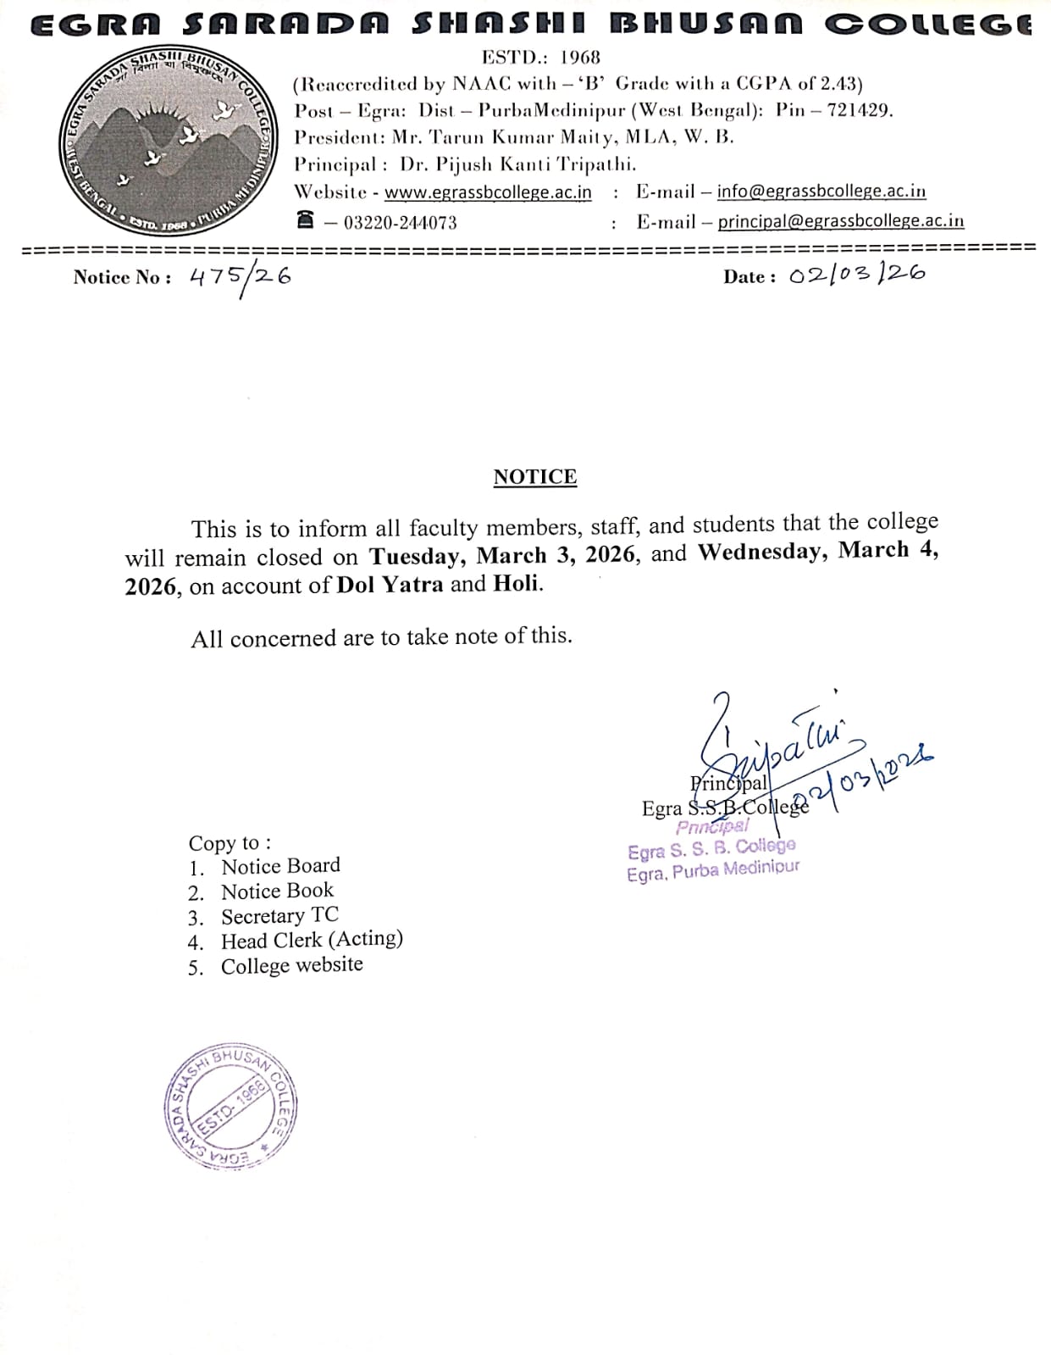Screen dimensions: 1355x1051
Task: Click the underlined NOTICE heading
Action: (x=534, y=477)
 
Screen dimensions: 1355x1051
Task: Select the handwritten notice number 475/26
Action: (x=240, y=278)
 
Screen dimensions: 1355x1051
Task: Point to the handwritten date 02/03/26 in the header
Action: (x=856, y=275)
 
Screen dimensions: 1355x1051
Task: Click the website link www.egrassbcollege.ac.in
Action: (x=488, y=192)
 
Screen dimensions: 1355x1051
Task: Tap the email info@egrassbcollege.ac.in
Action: (x=821, y=192)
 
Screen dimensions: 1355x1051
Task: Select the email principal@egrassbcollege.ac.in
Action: (x=840, y=221)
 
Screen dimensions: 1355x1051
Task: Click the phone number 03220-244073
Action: (x=400, y=223)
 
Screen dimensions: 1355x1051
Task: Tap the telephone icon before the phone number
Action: (x=305, y=220)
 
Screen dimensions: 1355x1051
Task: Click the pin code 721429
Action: (x=858, y=110)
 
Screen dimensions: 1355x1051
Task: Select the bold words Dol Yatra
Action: (x=390, y=585)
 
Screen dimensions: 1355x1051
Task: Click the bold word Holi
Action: (x=516, y=584)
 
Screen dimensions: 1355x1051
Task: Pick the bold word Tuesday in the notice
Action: (x=415, y=556)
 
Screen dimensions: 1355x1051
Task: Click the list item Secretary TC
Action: (x=279, y=916)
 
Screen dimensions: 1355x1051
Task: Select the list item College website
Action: (x=291, y=965)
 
